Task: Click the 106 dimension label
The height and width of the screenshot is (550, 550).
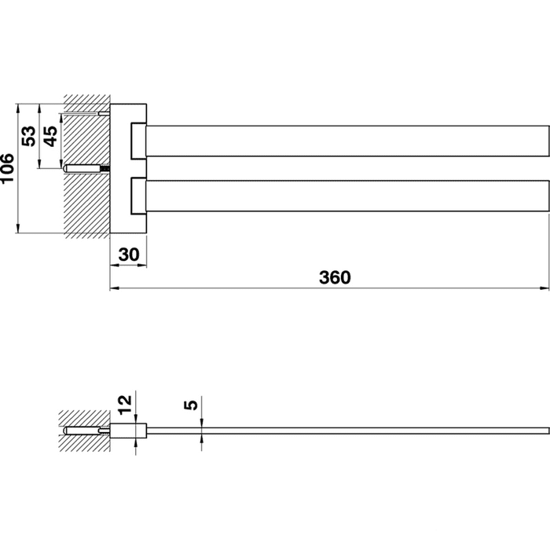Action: point(7,168)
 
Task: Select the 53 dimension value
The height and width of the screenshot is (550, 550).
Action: point(29,136)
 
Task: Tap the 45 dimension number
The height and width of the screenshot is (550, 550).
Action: point(50,136)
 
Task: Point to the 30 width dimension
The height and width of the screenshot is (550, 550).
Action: point(129,255)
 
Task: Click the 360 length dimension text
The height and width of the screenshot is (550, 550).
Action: point(335,277)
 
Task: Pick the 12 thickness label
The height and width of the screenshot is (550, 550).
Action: point(124,405)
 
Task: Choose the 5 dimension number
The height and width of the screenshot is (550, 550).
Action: point(191,405)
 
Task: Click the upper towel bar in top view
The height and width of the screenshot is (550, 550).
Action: point(347,141)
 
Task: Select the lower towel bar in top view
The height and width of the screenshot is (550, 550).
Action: point(347,196)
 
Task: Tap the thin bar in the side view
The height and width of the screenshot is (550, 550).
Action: point(347,431)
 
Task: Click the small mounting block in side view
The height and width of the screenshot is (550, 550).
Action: point(128,431)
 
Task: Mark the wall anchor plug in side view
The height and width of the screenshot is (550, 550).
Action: point(81,431)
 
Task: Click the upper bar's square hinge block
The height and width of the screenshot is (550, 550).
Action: point(138,141)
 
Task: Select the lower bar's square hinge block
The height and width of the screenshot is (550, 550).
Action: point(138,196)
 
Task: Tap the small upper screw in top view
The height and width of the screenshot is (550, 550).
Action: point(104,113)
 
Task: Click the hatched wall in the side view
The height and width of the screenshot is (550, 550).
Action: point(84,431)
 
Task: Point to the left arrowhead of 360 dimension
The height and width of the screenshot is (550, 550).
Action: point(114,288)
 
